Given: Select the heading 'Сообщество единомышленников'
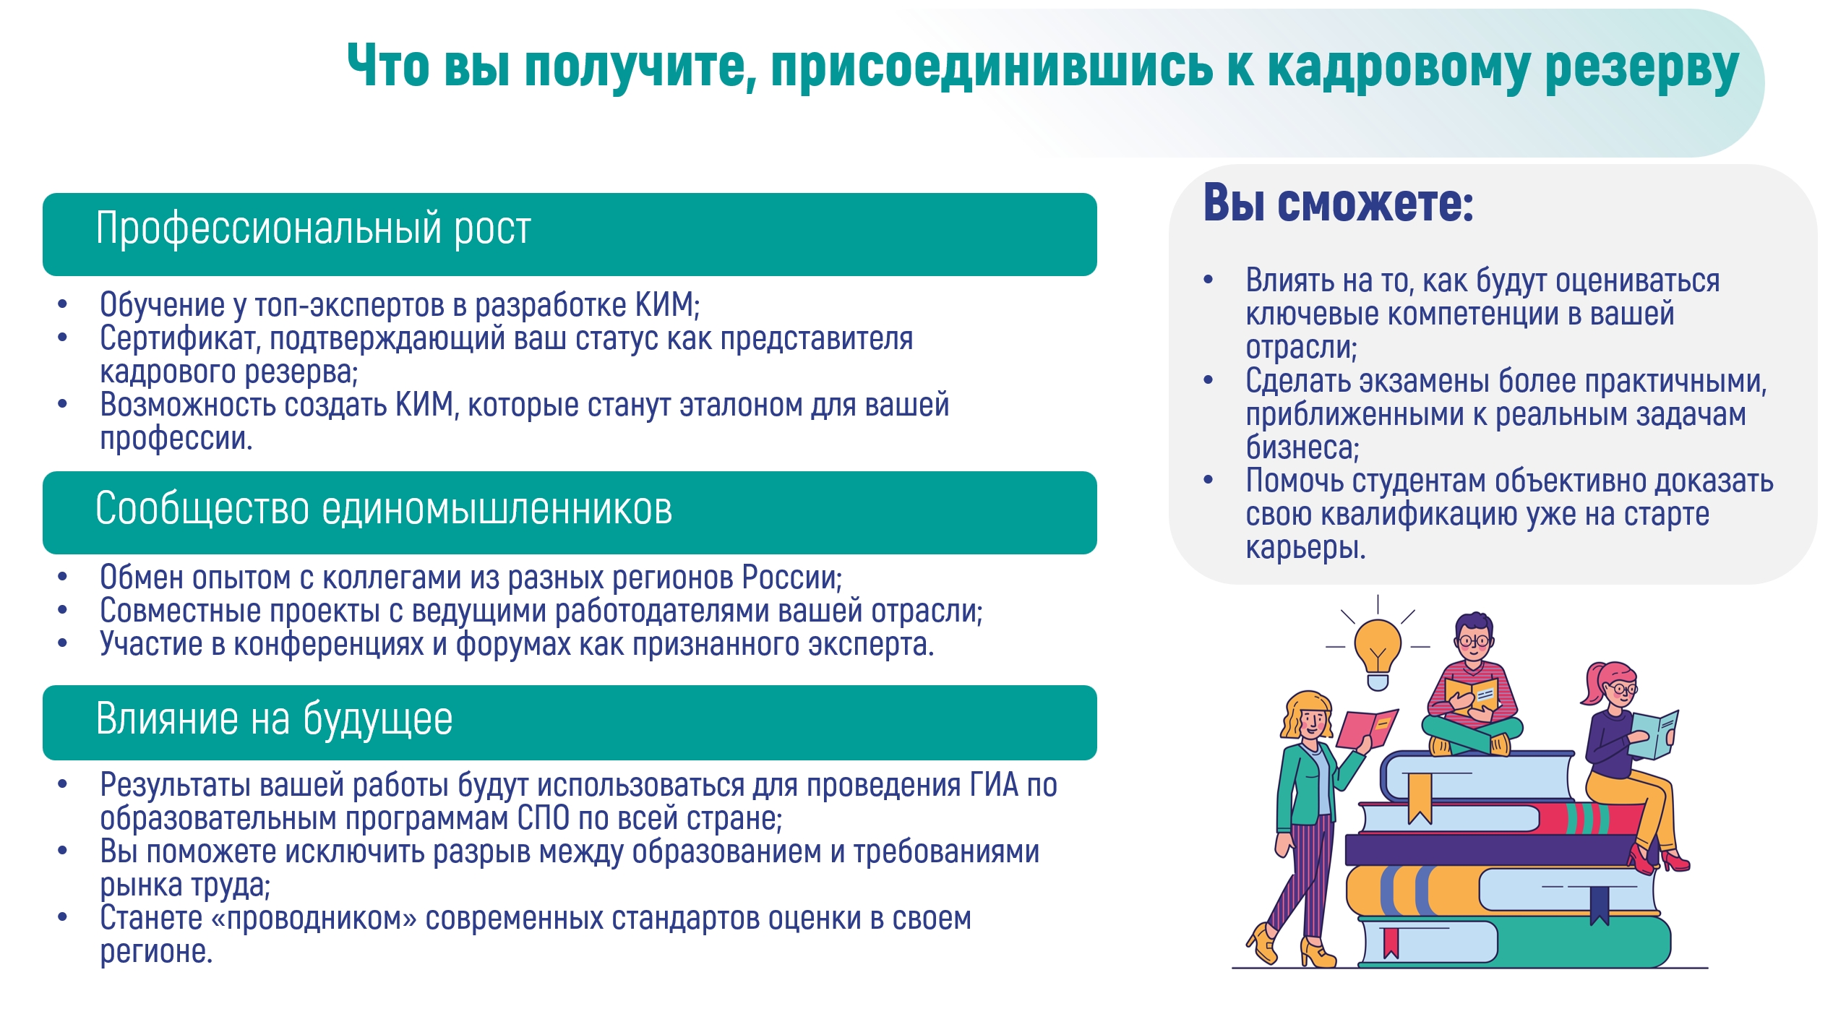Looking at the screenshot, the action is tap(384, 509).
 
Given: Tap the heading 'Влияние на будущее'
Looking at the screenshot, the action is tap(274, 720).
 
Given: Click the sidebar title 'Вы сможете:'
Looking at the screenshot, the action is tap(1338, 203).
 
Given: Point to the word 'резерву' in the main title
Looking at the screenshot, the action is tap(1641, 67).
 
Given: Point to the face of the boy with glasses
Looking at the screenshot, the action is tap(1473, 644).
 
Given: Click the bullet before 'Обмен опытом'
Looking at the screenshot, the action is tap(63, 577).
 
